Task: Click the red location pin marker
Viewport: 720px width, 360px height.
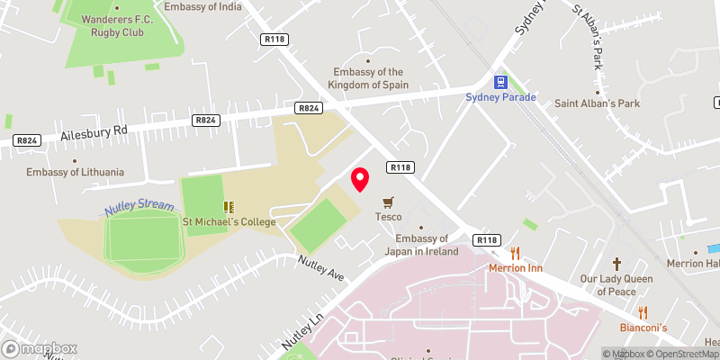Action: click(360, 179)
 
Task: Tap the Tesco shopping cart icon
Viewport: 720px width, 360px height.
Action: click(389, 202)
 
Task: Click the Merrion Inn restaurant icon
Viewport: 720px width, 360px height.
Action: click(515, 253)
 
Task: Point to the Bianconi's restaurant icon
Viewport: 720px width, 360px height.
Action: click(643, 312)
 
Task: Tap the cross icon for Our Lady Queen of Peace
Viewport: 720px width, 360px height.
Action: click(616, 264)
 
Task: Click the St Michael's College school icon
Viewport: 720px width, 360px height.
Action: click(229, 206)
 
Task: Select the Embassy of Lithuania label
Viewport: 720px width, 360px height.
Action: click(75, 172)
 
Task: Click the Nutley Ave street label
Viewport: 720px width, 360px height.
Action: click(322, 267)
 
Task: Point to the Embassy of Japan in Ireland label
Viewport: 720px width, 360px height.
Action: click(427, 245)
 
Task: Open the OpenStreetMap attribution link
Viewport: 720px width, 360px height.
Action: click(685, 354)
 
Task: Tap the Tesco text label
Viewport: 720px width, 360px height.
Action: click(389, 217)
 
